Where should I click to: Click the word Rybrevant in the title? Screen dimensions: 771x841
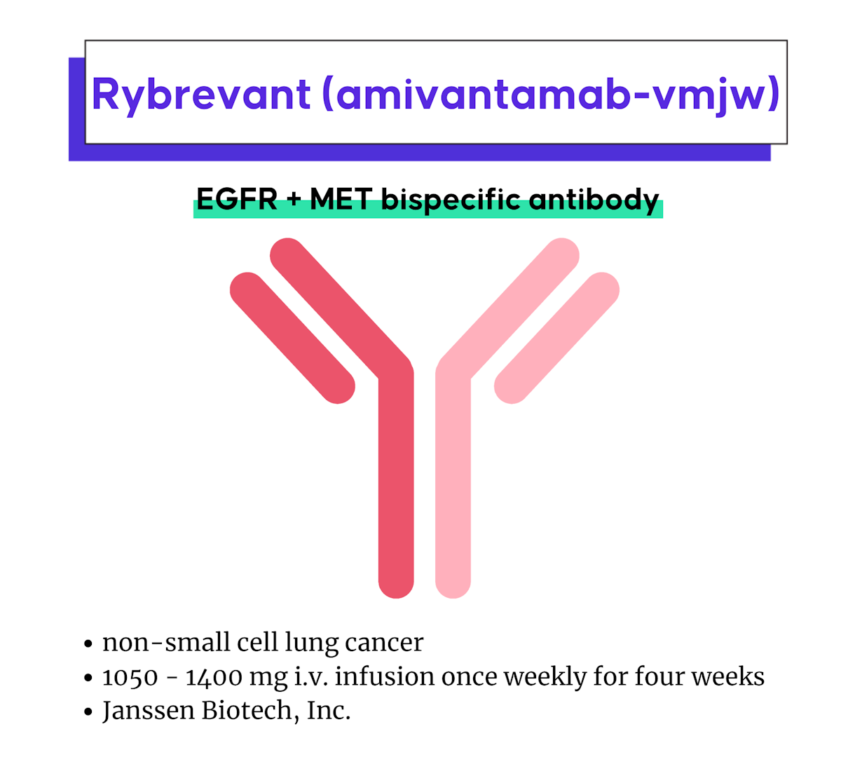pyautogui.click(x=201, y=95)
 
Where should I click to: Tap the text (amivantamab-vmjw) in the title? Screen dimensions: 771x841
pyautogui.click(x=551, y=95)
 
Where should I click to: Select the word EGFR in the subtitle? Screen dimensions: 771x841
pyautogui.click(x=237, y=200)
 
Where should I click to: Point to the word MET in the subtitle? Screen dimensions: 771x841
pyautogui.click(x=341, y=200)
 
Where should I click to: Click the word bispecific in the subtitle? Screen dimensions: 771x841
pyautogui.click(x=451, y=200)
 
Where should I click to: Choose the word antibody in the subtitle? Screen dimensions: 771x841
pyautogui.click(x=594, y=200)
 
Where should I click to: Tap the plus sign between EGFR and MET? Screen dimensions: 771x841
pyautogui.click(x=294, y=200)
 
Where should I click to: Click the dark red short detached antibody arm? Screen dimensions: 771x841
pyautogui.click(x=293, y=338)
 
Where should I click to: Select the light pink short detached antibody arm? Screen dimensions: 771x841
pyautogui.click(x=556, y=338)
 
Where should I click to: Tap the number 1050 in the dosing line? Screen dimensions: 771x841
pyautogui.click(x=130, y=677)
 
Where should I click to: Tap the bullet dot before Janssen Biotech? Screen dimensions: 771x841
pyautogui.click(x=88, y=712)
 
